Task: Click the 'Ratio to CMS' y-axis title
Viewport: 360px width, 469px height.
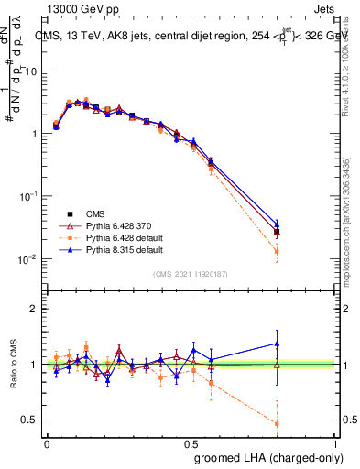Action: (x=11, y=365)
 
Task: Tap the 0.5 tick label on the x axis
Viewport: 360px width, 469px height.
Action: (x=191, y=443)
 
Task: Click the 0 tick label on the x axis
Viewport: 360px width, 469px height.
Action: (x=48, y=443)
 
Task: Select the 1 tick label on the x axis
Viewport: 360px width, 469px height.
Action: (x=336, y=443)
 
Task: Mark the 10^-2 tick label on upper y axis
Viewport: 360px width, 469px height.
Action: (x=30, y=259)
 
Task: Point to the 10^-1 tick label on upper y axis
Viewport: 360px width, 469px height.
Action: (x=30, y=196)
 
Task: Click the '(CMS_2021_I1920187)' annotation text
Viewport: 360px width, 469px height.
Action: (x=191, y=274)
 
